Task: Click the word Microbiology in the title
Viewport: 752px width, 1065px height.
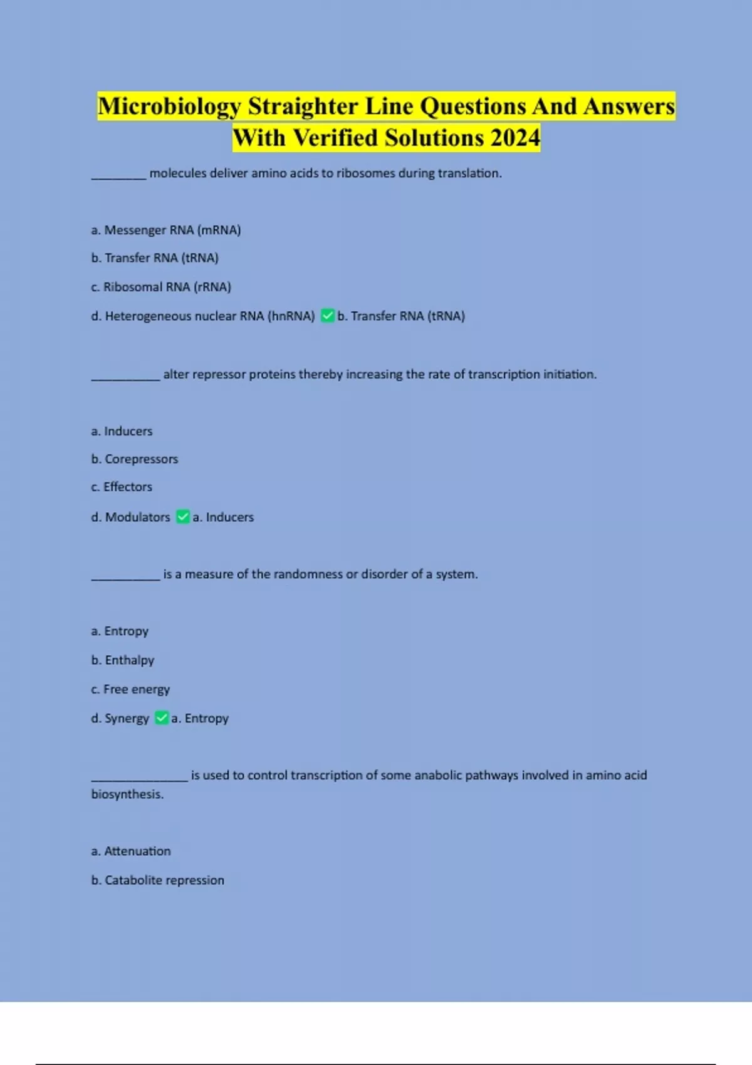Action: click(169, 106)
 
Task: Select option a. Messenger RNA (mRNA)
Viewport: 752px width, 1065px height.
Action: click(166, 230)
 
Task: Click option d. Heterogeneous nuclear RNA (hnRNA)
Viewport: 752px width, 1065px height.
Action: click(203, 316)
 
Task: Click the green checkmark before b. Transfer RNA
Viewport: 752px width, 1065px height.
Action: click(327, 316)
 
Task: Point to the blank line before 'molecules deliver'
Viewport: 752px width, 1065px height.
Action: click(119, 177)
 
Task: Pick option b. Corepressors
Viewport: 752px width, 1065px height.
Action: click(135, 459)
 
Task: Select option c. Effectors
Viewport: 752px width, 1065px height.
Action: click(122, 487)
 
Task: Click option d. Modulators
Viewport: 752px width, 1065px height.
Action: click(130, 517)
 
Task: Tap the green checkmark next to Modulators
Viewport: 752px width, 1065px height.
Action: click(183, 517)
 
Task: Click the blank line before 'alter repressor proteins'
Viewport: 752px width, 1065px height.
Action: click(125, 378)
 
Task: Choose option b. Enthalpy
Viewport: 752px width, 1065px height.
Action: click(123, 660)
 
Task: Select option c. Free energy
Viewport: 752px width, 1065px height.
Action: click(130, 689)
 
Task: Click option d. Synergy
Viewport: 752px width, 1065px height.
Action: click(120, 719)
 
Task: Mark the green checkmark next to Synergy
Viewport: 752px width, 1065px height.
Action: click(162, 718)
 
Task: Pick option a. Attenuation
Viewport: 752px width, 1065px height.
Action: click(131, 851)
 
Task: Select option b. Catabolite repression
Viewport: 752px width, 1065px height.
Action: click(158, 880)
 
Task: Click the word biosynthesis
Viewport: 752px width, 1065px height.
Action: click(127, 794)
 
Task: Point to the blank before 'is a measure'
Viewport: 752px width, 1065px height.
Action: click(125, 578)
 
